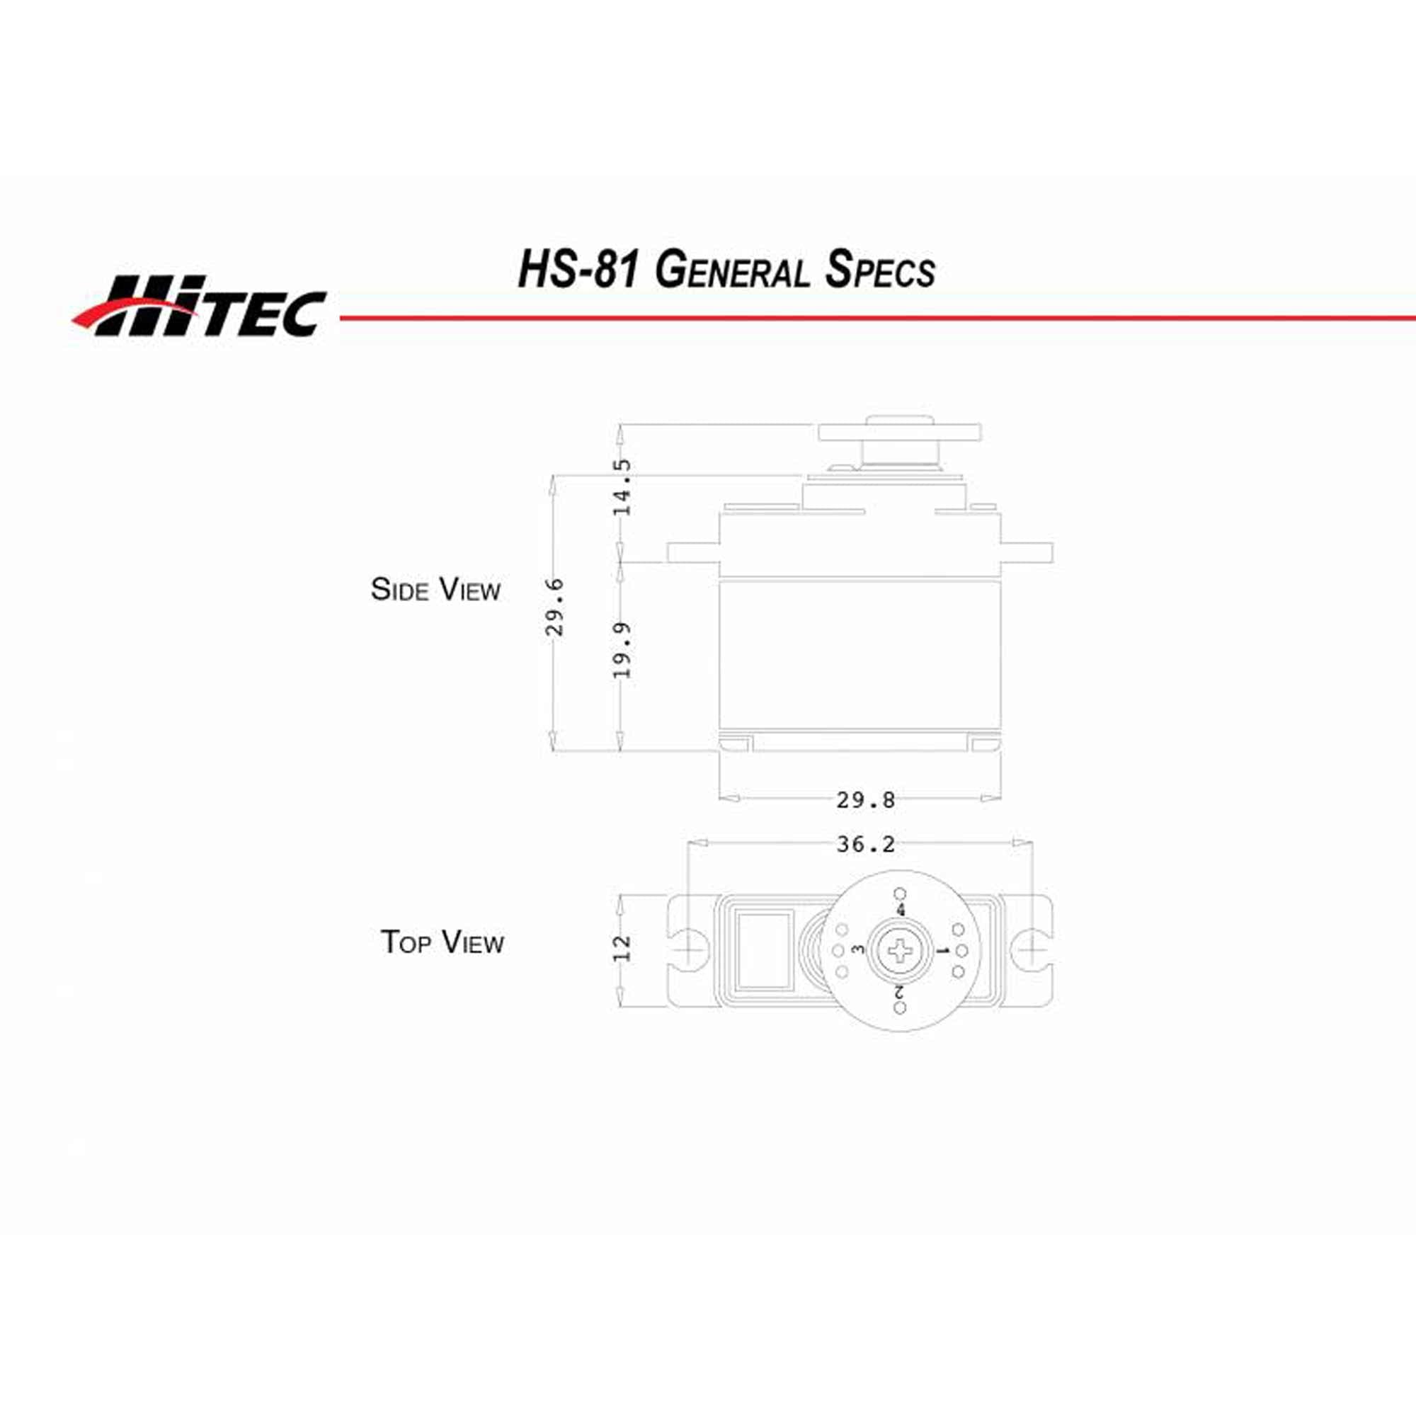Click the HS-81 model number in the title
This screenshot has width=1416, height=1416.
(x=577, y=270)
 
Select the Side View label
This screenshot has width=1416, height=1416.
(x=435, y=590)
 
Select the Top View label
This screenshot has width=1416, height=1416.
(x=442, y=942)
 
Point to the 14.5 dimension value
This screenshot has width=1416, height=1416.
(x=622, y=487)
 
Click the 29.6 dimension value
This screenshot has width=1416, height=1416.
(x=556, y=607)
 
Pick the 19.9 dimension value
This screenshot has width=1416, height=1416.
(x=622, y=649)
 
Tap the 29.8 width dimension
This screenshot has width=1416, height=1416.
(x=866, y=799)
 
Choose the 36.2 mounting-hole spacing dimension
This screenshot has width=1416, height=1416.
(x=866, y=845)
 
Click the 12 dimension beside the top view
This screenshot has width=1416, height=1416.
(x=622, y=949)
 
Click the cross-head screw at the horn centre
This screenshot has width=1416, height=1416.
(x=901, y=952)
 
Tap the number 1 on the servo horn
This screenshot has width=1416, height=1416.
(x=943, y=952)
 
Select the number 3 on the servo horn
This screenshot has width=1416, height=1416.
(x=859, y=950)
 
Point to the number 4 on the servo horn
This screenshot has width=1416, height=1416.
(x=901, y=910)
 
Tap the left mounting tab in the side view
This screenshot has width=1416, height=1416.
(x=692, y=552)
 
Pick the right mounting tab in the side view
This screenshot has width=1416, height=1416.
(x=1026, y=552)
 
